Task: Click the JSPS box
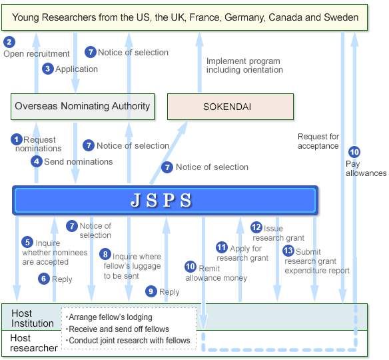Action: pos(165,200)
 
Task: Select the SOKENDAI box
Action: pos(230,107)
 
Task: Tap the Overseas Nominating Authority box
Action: pos(83,107)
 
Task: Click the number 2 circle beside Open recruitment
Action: pos(9,42)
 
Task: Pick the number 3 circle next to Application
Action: pos(48,69)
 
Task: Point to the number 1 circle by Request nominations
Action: pos(17,139)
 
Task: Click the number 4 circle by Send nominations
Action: pos(37,161)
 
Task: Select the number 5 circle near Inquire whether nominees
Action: pos(27,242)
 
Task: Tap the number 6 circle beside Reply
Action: pos(44,279)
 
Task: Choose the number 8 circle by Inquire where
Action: pos(105,254)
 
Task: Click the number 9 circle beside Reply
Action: pos(151,291)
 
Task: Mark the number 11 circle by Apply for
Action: pos(222,247)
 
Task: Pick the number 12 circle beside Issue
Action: pos(256,227)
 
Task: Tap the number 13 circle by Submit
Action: pos(288,251)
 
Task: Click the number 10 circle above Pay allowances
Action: pos(354,152)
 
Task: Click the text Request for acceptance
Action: pos(318,141)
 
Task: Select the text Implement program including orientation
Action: pos(244,65)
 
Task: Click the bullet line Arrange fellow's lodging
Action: pos(109,317)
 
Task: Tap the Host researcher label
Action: pos(34,343)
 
